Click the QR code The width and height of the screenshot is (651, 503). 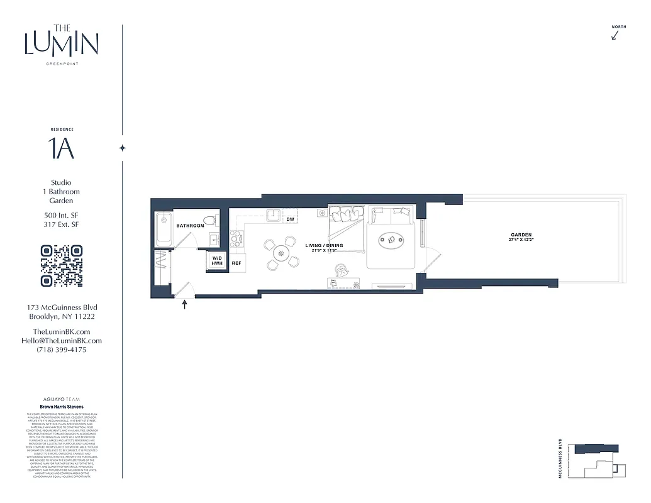click(62, 266)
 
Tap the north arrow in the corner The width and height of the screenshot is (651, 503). click(615, 35)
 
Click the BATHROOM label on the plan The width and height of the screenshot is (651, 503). click(190, 225)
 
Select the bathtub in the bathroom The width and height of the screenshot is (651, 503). click(164, 229)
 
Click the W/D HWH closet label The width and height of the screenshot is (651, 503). click(217, 261)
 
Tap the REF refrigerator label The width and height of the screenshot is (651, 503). click(237, 263)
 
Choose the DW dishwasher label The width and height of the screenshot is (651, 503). click(290, 219)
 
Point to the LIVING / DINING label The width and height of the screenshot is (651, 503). click(325, 245)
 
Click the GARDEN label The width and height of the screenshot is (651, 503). click(521, 235)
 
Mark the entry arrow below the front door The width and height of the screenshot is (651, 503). click(185, 306)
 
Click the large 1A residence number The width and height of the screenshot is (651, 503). click(62, 148)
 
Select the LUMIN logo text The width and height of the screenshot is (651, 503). click(62, 43)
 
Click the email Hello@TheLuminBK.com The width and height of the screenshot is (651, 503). click(62, 341)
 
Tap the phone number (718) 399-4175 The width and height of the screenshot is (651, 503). click(62, 350)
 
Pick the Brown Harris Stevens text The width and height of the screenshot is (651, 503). click(62, 407)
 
